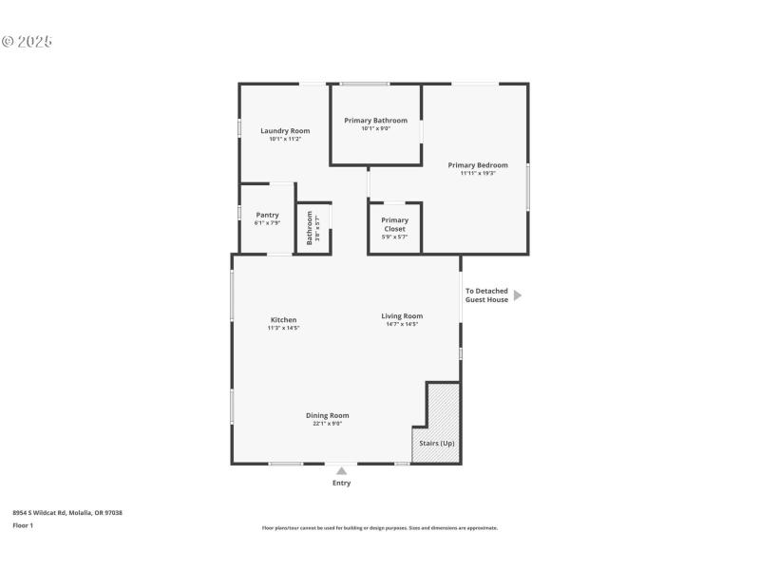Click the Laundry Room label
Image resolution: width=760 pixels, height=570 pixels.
click(285, 131)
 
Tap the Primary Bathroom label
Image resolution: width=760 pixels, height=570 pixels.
click(375, 121)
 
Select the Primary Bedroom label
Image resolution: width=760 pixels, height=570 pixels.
click(478, 165)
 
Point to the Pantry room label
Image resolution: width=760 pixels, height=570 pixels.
click(267, 215)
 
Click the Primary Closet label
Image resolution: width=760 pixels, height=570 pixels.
click(394, 224)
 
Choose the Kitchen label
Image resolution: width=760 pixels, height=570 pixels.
click(283, 320)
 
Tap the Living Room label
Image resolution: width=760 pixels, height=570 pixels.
click(402, 316)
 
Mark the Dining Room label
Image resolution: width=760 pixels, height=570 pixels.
click(327, 415)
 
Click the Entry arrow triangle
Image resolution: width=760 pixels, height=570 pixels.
click(341, 469)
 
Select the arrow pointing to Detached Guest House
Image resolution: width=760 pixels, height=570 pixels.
click(518, 295)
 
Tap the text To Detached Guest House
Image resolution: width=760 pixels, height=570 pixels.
click(486, 295)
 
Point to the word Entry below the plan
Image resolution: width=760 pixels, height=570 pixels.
click(341, 483)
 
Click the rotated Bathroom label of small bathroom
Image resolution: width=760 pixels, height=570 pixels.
click(310, 228)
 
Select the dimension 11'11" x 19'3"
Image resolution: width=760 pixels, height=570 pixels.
click(478, 173)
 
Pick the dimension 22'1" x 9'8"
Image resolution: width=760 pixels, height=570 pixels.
click(327, 424)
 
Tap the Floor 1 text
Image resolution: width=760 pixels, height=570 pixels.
click(23, 524)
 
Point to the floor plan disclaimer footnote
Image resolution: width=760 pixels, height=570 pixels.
click(379, 528)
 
